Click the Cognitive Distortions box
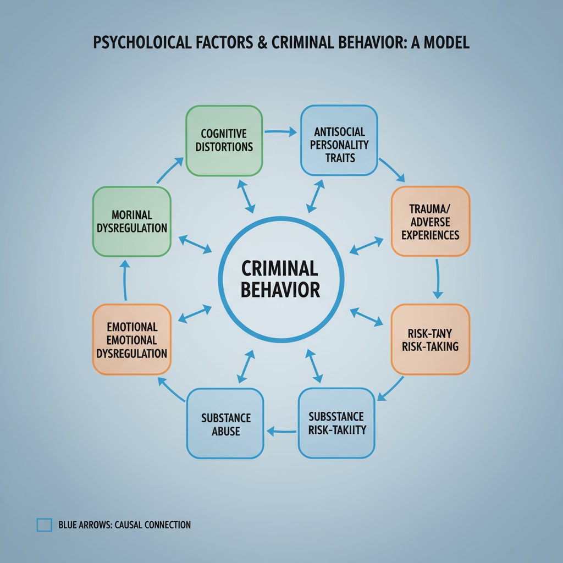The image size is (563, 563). pyautogui.click(x=224, y=140)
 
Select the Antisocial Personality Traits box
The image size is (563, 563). pyautogui.click(x=339, y=140)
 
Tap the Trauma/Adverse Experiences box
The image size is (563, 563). pyautogui.click(x=430, y=221)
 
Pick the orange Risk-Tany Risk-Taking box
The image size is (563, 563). pyautogui.click(x=430, y=339)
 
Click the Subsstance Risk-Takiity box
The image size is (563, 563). pyautogui.click(x=336, y=422)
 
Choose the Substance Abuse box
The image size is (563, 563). pyautogui.click(x=225, y=423)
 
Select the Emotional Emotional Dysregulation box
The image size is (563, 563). pyautogui.click(x=132, y=339)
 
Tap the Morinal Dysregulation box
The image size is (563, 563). pyautogui.click(x=132, y=221)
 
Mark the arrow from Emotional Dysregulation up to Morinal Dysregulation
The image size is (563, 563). pyautogui.click(x=125, y=280)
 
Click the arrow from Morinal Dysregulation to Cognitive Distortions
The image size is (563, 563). pyautogui.click(x=170, y=170)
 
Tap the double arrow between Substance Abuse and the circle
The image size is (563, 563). pyautogui.click(x=246, y=366)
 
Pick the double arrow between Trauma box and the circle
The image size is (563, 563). pyautogui.click(x=366, y=246)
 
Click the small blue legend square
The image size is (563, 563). pyautogui.click(x=44, y=525)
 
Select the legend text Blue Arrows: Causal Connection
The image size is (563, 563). pyautogui.click(x=124, y=525)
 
